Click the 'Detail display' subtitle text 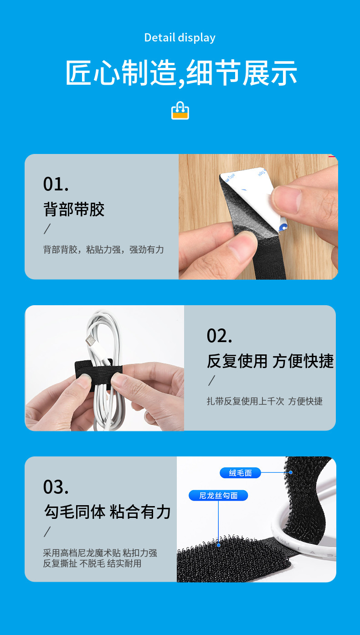point(180,37)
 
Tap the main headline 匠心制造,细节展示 point(181,73)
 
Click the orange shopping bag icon point(180,111)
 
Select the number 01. point(56,184)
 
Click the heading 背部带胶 point(74,210)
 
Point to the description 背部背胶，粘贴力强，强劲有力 point(103,250)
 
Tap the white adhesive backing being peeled point(246,182)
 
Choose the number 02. point(219,336)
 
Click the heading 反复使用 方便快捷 point(270,361)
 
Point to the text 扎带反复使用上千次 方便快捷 point(264,401)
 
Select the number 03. point(56,487)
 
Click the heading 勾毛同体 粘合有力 point(108,512)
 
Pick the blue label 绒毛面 point(240,473)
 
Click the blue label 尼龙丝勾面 point(218,496)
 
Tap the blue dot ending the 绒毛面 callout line point(290,473)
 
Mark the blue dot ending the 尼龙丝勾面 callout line point(219,545)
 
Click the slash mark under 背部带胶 point(47,229)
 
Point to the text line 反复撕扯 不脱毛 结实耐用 point(92,563)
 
